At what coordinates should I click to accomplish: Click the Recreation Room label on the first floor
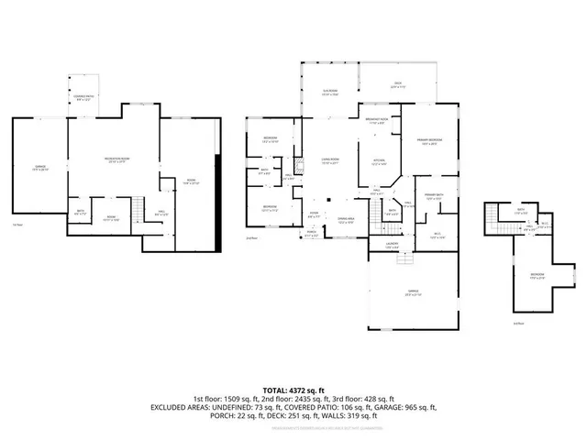(x=115, y=161)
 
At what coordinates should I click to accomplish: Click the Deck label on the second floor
(x=397, y=85)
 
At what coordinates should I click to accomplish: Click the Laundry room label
(x=366, y=246)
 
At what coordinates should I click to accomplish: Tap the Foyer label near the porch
(x=314, y=216)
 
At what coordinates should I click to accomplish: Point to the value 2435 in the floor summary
(x=287, y=400)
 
